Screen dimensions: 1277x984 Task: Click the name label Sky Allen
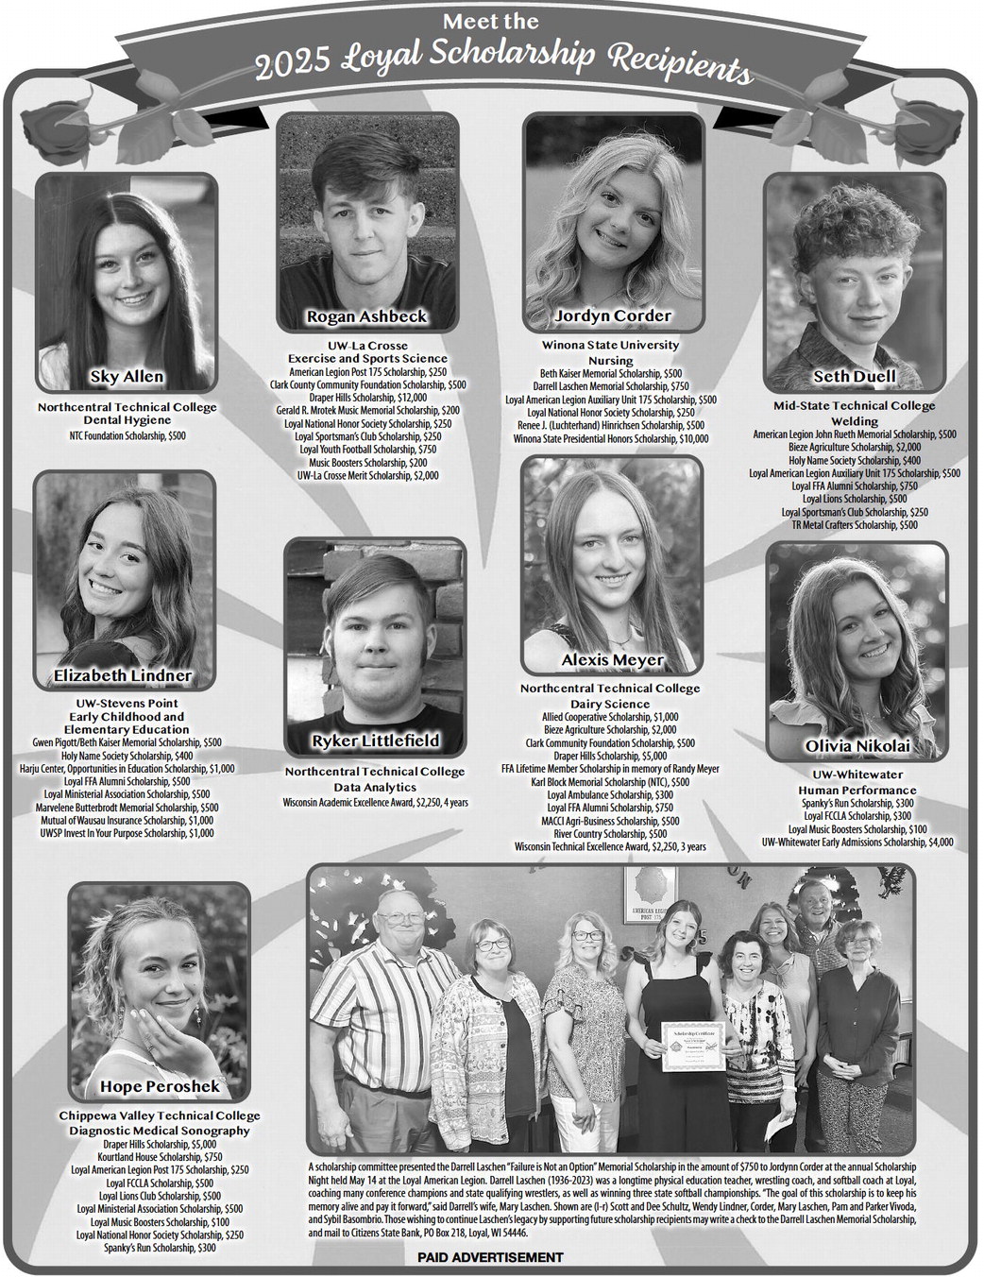point(127,377)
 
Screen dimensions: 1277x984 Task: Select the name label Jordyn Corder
point(613,315)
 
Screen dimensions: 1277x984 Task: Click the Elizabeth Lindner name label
point(123,675)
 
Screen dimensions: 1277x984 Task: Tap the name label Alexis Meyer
point(612,659)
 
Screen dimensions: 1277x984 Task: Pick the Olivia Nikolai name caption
point(857,747)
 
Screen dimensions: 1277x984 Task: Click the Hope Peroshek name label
point(160,1086)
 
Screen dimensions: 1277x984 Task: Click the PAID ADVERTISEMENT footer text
point(490,1257)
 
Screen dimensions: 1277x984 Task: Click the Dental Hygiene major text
point(127,419)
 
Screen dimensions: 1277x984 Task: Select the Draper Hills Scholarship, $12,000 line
point(368,398)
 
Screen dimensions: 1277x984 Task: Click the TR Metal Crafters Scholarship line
point(855,524)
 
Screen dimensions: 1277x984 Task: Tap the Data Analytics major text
point(375,786)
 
